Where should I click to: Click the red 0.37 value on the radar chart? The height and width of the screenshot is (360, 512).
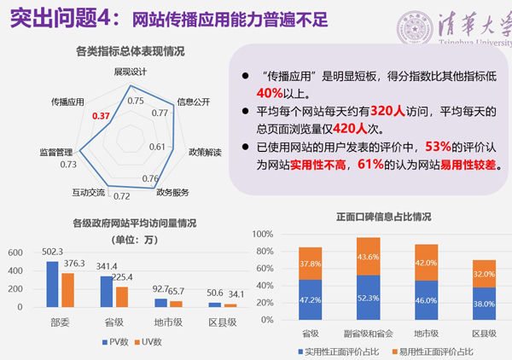pyautogui.click(x=102, y=115)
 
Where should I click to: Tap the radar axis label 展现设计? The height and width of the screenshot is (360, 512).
pyautogui.click(x=131, y=72)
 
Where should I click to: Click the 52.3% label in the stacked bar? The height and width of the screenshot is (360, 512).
pyautogui.click(x=369, y=298)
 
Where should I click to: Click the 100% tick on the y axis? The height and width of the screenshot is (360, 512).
pyautogui.click(x=261, y=233)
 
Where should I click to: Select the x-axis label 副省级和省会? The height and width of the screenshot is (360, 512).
pyautogui.click(x=369, y=335)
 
